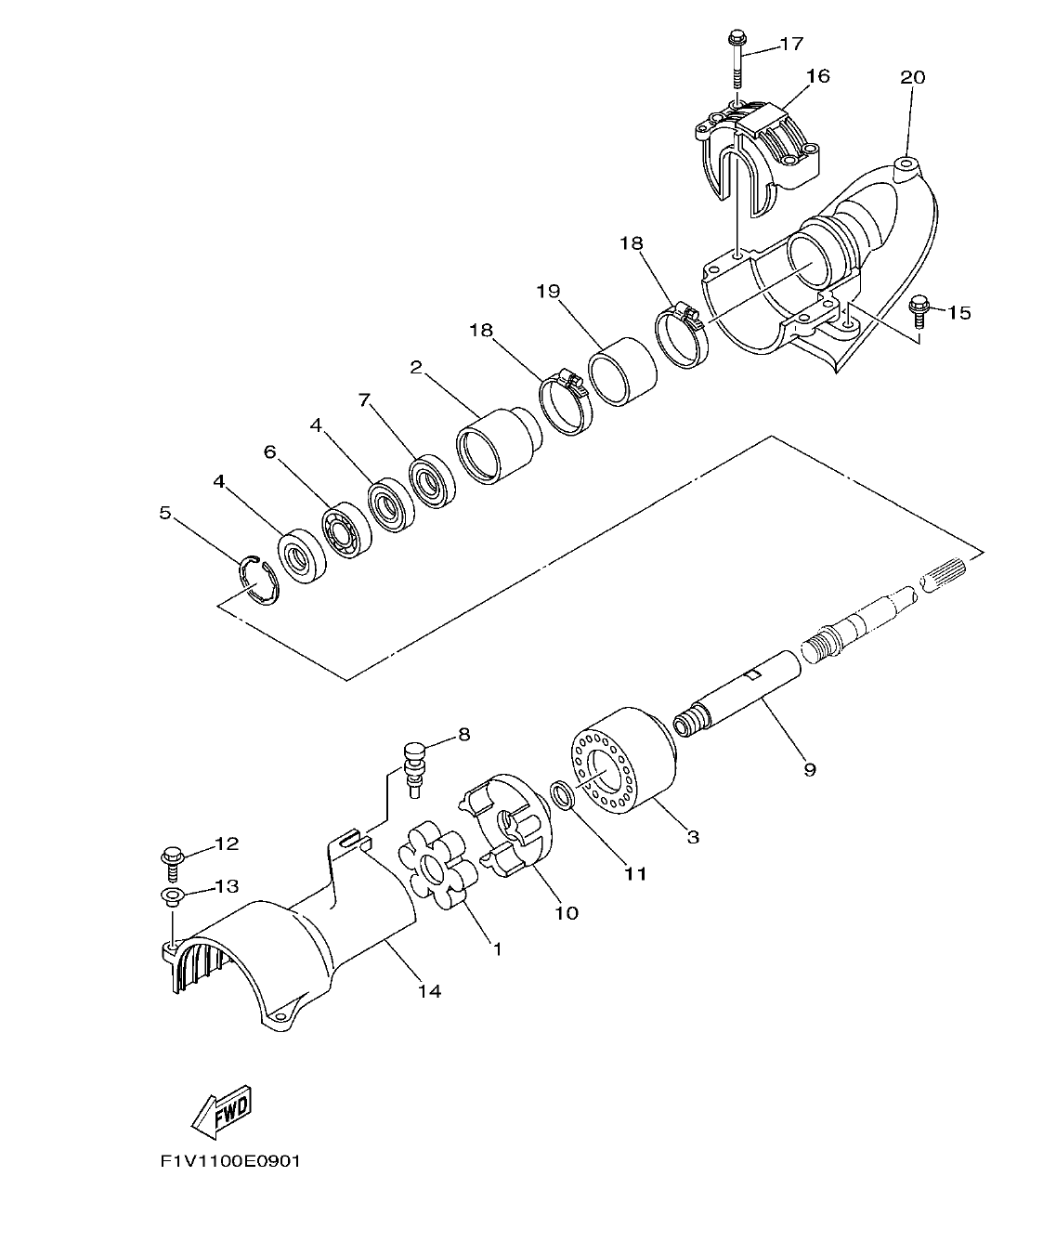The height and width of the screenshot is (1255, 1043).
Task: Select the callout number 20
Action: coord(912,77)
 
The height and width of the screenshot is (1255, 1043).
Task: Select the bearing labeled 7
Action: coord(431,480)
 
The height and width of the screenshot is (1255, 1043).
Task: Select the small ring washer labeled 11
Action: coord(561,794)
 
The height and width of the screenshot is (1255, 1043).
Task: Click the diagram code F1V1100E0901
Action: coord(230,1160)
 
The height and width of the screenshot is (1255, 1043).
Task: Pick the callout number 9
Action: coord(810,769)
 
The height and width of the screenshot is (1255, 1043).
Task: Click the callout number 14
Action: coord(428,991)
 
